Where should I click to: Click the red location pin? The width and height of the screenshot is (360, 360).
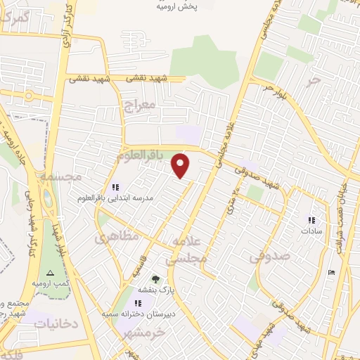point(181,166)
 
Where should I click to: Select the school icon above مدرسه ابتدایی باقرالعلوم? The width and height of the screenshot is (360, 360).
point(116,187)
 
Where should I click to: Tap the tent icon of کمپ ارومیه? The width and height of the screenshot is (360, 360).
point(49,272)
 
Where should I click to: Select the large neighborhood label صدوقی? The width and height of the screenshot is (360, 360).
point(269,257)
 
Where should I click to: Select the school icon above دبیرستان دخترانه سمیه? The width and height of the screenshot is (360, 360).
point(129,302)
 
